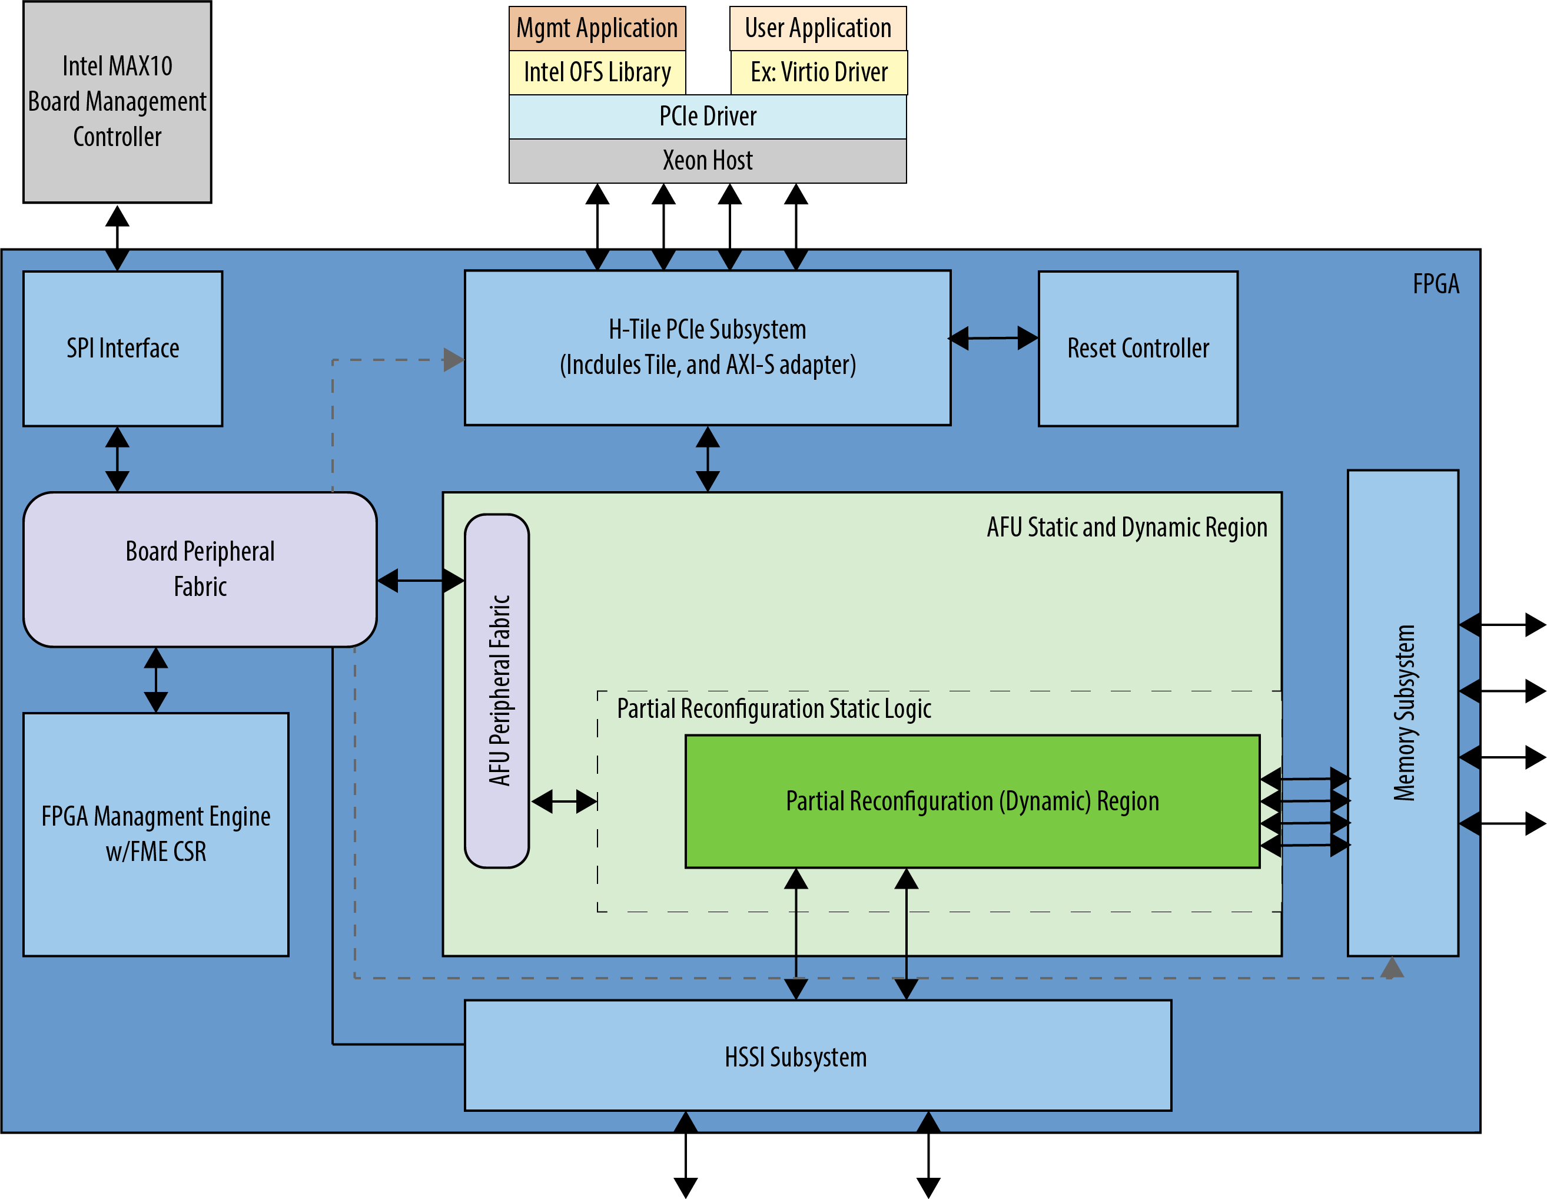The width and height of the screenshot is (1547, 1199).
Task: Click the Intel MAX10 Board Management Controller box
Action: [x=117, y=102]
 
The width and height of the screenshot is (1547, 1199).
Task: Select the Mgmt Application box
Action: [x=597, y=28]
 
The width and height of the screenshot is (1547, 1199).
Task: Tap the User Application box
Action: [x=818, y=28]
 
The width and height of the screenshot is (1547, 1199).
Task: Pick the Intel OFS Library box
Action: [x=597, y=72]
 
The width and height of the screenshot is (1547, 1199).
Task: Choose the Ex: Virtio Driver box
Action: [x=819, y=72]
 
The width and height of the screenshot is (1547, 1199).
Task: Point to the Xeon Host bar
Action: [x=708, y=161]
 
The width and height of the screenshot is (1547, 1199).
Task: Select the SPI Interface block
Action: [x=122, y=349]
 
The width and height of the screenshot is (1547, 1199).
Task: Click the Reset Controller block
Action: [x=1137, y=349]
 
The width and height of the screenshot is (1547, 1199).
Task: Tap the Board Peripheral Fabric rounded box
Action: [x=200, y=569]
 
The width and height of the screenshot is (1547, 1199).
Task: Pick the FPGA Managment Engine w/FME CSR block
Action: [x=156, y=834]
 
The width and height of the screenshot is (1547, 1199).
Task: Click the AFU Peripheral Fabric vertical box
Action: [x=497, y=691]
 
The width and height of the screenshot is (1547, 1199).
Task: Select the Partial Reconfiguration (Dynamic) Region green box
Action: [x=972, y=801]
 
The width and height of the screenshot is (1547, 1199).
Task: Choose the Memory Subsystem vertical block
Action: [x=1403, y=712]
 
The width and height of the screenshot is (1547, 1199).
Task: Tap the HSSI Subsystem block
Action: [x=818, y=1056]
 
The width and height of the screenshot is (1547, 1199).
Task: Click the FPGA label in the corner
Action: [x=1436, y=284]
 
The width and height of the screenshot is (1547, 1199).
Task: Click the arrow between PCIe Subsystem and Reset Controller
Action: [x=994, y=338]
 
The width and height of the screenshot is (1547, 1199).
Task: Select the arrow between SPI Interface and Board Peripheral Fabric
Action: [x=117, y=459]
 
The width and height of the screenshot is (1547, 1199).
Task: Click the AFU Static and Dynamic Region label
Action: [x=1126, y=528]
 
